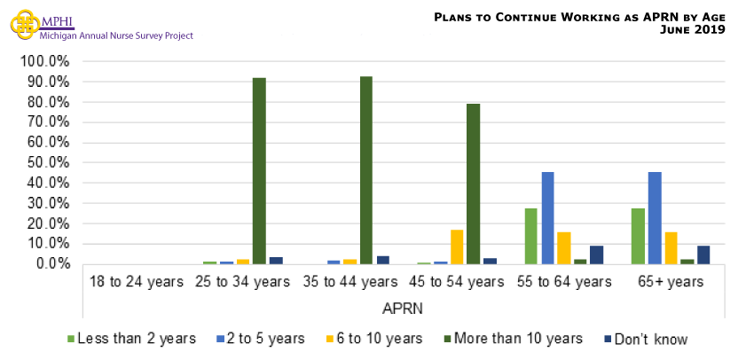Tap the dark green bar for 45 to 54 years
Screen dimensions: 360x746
tap(474, 184)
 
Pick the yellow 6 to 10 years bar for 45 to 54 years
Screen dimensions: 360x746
tap(457, 247)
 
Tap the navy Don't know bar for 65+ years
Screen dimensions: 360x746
tap(703, 254)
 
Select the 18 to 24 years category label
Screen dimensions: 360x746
tap(137, 282)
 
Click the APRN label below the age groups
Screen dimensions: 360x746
tap(403, 309)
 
